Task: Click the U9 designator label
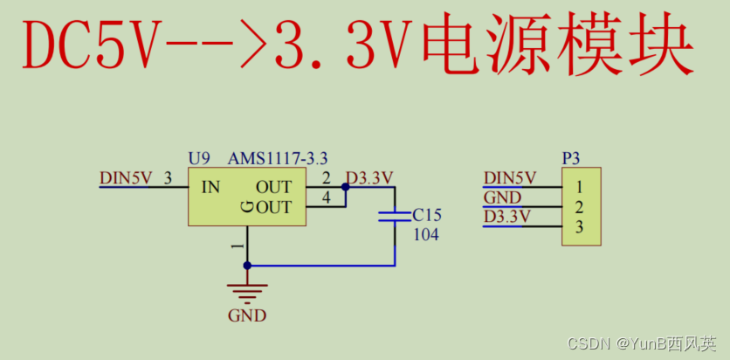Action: click(x=199, y=158)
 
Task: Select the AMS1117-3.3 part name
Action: click(x=278, y=158)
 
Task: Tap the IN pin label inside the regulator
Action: click(x=210, y=187)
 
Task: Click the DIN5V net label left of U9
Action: click(x=126, y=178)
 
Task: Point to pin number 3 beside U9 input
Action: click(x=167, y=178)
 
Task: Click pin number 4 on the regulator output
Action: click(x=326, y=198)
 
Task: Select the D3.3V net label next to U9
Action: click(x=369, y=178)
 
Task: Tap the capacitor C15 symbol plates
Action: click(x=395, y=216)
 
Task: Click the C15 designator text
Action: click(x=428, y=215)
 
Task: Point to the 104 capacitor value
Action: click(x=426, y=234)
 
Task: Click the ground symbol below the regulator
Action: click(x=247, y=291)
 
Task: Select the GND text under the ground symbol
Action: click(x=247, y=315)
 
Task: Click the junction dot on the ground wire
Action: click(x=247, y=265)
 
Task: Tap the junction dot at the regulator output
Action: click(x=346, y=186)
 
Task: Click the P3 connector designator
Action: click(x=571, y=158)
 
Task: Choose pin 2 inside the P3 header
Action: click(x=578, y=207)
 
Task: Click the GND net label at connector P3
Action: click(x=502, y=198)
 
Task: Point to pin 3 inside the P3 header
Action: click(x=578, y=227)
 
